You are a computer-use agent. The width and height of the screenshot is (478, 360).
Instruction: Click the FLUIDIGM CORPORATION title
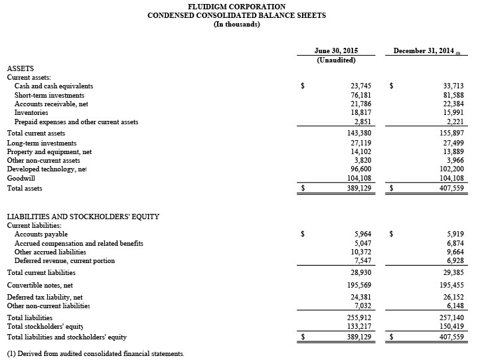(236, 7)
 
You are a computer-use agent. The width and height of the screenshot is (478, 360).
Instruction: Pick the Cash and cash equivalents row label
(54, 86)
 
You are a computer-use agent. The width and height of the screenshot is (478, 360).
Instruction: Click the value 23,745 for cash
(361, 86)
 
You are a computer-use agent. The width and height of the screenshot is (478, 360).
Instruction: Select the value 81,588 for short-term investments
(453, 96)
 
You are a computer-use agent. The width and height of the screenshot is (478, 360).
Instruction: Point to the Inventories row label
(31, 114)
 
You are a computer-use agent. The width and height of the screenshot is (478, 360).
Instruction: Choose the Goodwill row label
(20, 179)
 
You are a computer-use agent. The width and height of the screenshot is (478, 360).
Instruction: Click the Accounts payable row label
(41, 234)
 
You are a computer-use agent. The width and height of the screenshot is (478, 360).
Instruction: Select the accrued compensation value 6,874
(455, 244)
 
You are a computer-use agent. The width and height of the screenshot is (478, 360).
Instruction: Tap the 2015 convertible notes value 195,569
(359, 285)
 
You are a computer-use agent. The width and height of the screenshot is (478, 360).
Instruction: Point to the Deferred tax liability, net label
(44, 297)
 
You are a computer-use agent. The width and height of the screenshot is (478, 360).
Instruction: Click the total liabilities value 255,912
(359, 318)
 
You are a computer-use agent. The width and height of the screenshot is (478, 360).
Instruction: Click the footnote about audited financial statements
(96, 353)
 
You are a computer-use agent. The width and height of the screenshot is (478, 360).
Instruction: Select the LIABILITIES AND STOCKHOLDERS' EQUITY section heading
(83, 217)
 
